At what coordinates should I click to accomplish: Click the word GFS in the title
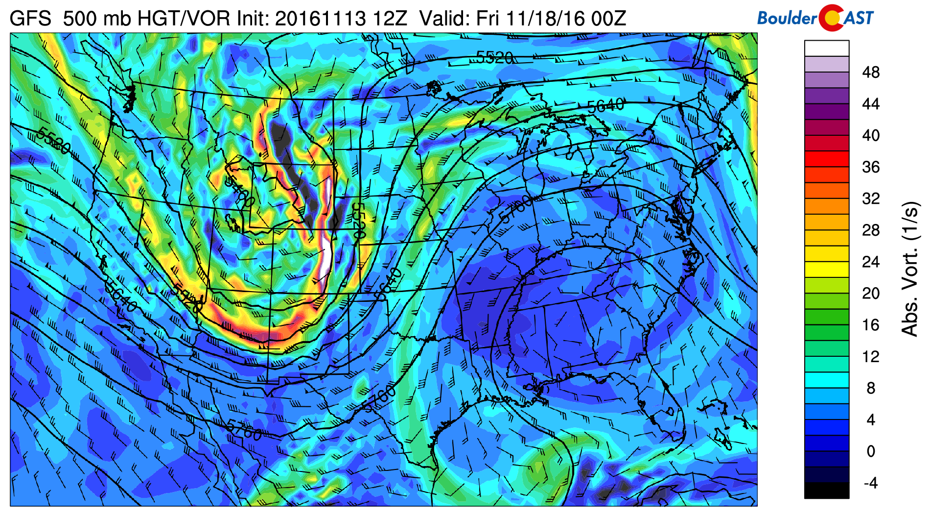point(30,19)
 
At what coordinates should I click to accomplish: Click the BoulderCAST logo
point(815,18)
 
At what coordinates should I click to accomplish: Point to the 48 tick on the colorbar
point(870,73)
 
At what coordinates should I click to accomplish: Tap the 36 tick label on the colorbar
point(870,167)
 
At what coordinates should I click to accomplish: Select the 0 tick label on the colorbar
point(870,451)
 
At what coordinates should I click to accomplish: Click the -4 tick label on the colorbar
point(870,483)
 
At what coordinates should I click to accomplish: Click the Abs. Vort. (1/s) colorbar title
point(909,269)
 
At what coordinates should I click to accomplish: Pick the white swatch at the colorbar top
point(826,49)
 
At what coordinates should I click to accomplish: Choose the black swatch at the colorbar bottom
point(826,491)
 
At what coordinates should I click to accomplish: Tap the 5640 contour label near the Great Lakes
point(605,105)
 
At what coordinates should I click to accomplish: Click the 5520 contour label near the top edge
point(494,58)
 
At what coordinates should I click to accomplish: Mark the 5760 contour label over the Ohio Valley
point(516,208)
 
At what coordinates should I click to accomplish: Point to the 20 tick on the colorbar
point(870,294)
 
